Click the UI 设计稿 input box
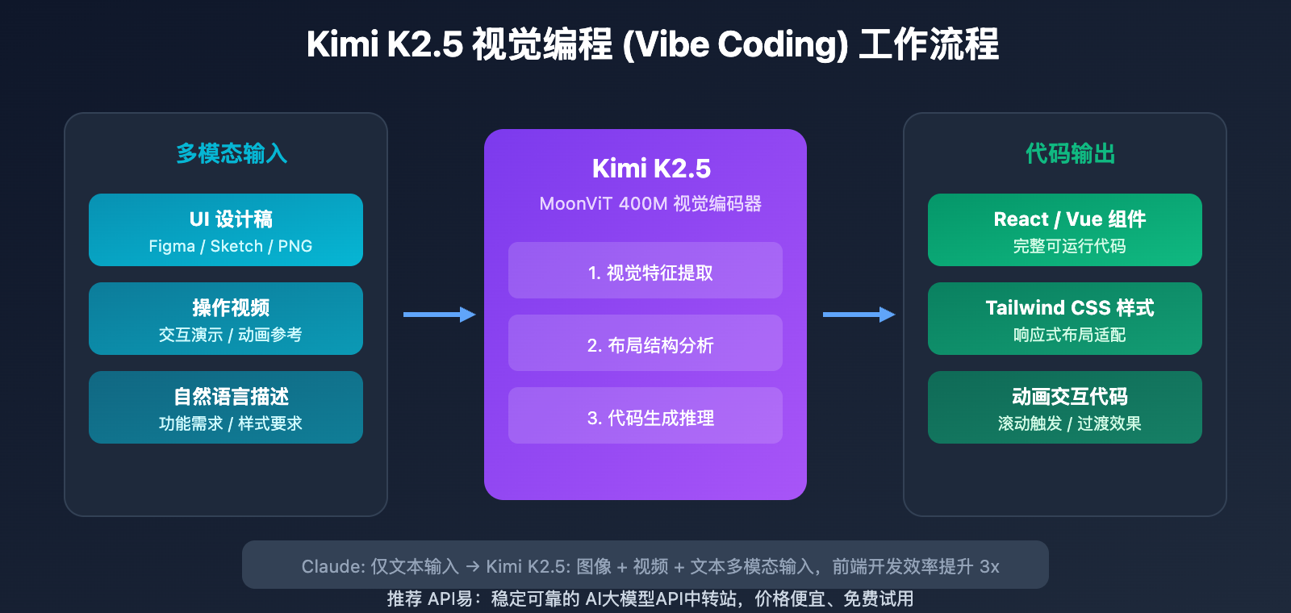pyautogui.click(x=226, y=230)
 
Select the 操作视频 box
pyautogui.click(x=226, y=319)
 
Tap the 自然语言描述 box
pyautogui.click(x=226, y=407)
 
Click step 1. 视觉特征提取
pyautogui.click(x=645, y=271)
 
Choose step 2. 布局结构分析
pyautogui.click(x=645, y=344)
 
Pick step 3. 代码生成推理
pyautogui.click(x=645, y=416)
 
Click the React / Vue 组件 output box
pyautogui.click(x=1065, y=230)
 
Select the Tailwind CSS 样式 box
pyautogui.click(x=1065, y=319)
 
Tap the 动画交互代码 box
pyautogui.click(x=1065, y=407)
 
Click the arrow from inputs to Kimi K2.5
pyautogui.click(x=439, y=315)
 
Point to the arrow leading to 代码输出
pyautogui.click(x=859, y=315)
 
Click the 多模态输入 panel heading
pyautogui.click(x=232, y=153)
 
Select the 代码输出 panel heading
pyautogui.click(x=1070, y=153)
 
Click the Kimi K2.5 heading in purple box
pyautogui.click(x=651, y=169)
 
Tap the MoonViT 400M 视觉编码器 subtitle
pyautogui.click(x=650, y=204)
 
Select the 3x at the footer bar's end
pyautogui.click(x=989, y=567)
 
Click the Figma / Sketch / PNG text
pyautogui.click(x=230, y=247)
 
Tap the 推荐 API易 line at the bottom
pyautogui.click(x=650, y=599)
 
